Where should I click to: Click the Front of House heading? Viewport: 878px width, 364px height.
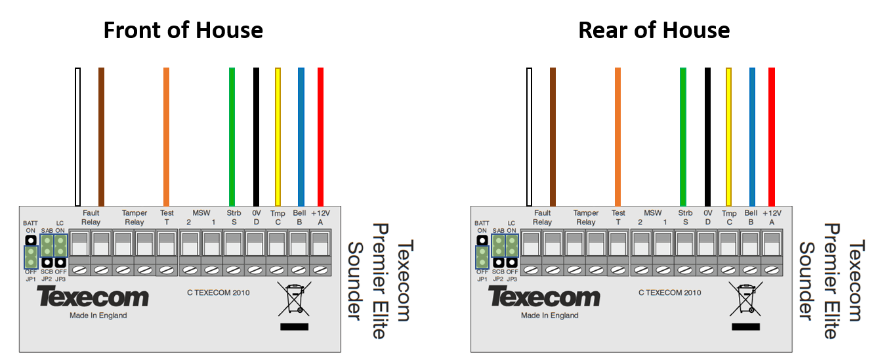[x=183, y=30]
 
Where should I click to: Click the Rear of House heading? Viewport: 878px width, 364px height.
[x=654, y=30]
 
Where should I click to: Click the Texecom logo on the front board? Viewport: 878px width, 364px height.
[x=93, y=298]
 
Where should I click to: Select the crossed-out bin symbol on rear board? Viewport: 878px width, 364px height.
[x=745, y=298]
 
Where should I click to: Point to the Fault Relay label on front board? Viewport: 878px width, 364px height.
[x=91, y=217]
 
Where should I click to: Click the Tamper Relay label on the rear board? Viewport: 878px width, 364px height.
[x=586, y=217]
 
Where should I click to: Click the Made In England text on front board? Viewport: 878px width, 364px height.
[x=98, y=315]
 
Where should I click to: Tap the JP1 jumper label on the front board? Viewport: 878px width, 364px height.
[x=30, y=279]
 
